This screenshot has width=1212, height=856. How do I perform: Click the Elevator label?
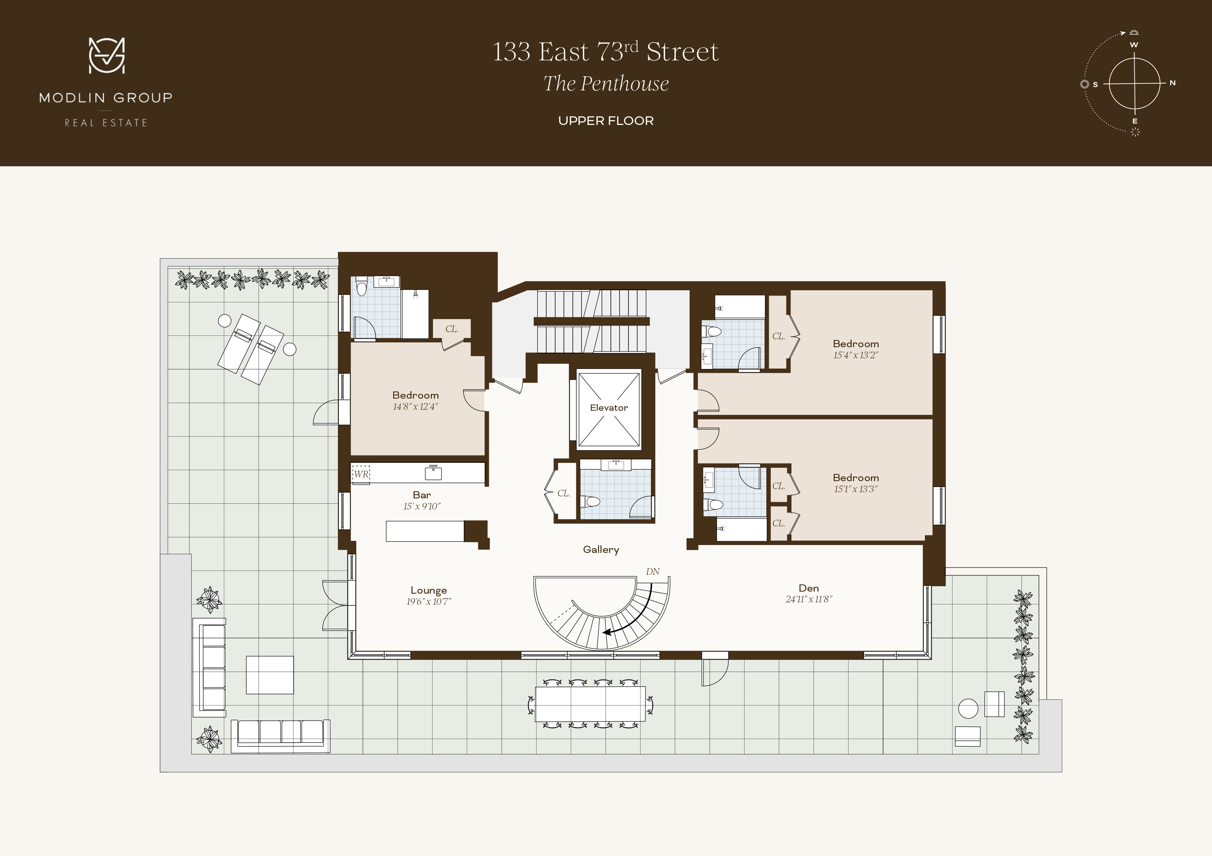[x=609, y=408]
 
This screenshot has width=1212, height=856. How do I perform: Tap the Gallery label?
[x=601, y=549]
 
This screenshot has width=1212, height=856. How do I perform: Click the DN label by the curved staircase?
[x=652, y=572]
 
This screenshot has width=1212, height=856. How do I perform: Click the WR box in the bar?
[x=361, y=474]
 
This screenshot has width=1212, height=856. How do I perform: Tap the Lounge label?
[x=429, y=590]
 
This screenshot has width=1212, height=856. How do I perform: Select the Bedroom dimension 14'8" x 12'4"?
[x=415, y=407]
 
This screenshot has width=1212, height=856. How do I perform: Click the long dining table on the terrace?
[x=590, y=703]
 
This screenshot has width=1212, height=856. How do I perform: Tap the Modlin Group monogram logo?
[x=107, y=55]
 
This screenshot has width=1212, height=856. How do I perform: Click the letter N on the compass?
[x=1172, y=83]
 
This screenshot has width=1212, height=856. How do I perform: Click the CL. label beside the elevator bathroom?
[x=563, y=493]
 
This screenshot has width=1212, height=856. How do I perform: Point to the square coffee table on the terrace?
[x=270, y=674]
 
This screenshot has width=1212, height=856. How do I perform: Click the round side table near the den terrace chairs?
[x=968, y=708]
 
